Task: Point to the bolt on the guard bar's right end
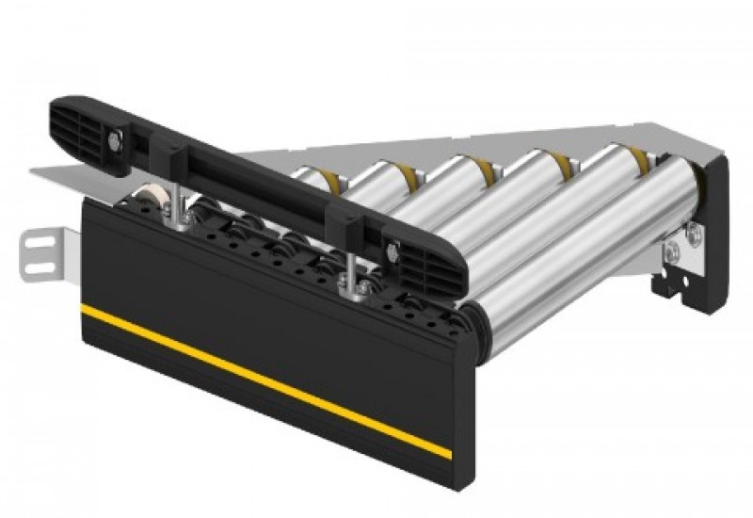387,251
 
